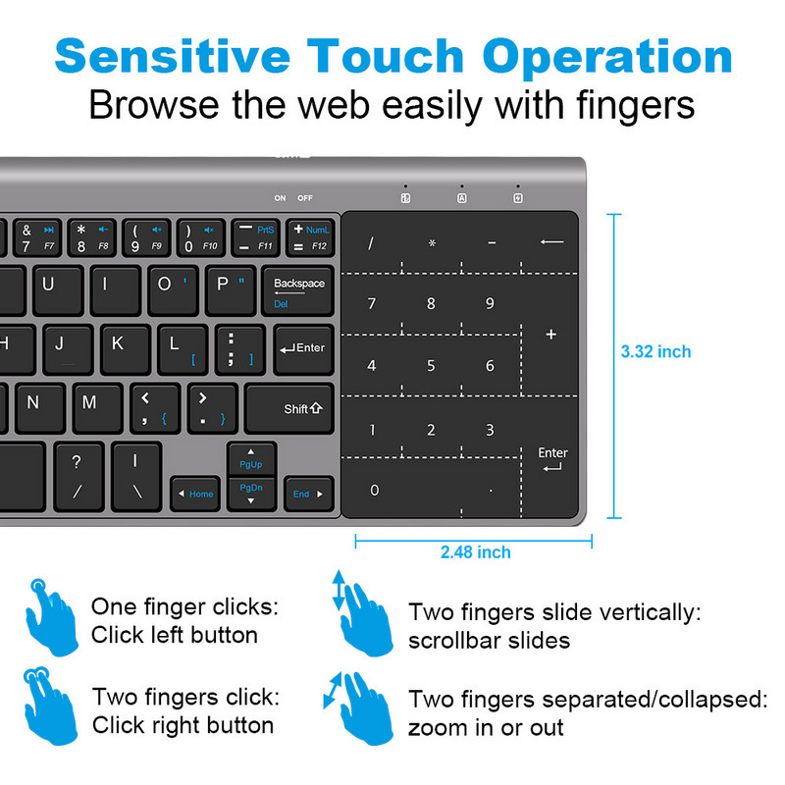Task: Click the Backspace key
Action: (299, 290)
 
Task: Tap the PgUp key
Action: (251, 459)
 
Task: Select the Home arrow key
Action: (194, 494)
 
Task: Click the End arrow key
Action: (307, 494)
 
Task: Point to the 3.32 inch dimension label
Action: (655, 351)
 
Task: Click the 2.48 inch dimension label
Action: (475, 552)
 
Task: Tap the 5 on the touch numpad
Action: (431, 366)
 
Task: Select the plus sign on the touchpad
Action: (550, 335)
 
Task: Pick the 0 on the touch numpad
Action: (373, 490)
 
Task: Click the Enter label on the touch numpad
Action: (552, 458)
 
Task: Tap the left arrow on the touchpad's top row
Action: (551, 241)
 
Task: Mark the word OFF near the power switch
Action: (305, 198)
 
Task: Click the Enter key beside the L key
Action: (302, 348)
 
